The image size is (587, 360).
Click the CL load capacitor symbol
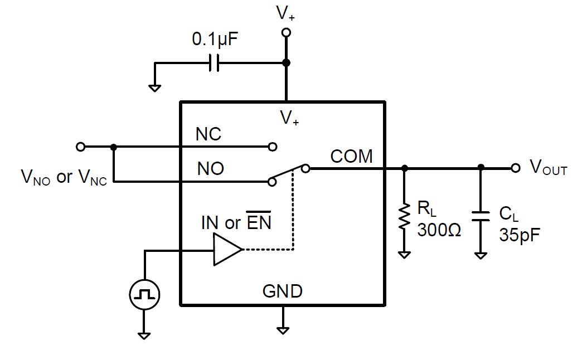[481, 216]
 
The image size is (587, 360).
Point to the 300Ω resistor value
[439, 230]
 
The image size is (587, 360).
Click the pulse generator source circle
[144, 294]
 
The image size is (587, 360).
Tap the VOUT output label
[548, 167]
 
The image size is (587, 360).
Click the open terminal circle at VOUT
[516, 167]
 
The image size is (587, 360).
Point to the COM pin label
[351, 157]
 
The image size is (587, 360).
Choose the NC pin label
[208, 134]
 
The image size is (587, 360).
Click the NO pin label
[211, 169]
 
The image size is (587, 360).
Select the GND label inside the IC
[283, 291]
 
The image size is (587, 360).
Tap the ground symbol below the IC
[283, 329]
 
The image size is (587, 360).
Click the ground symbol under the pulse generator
[144, 335]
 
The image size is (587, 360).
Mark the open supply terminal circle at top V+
[286, 33]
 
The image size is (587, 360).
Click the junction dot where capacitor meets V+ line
[286, 63]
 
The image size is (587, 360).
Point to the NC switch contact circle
[272, 147]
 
